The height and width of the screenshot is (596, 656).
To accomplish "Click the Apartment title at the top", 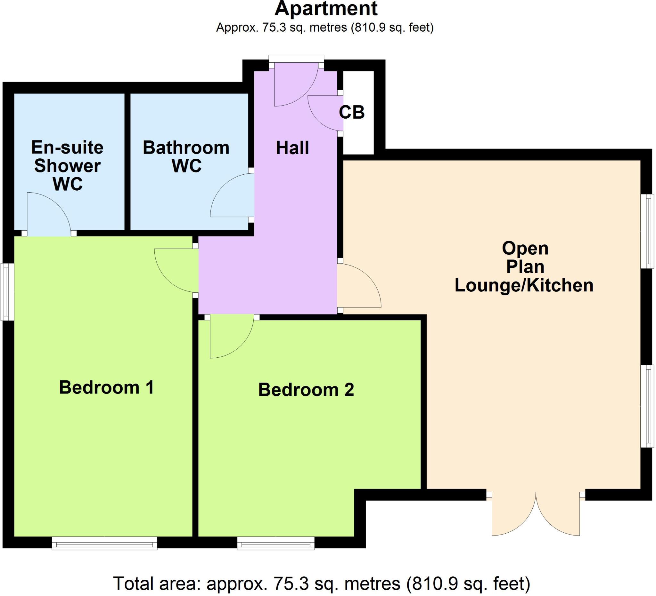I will pyautogui.click(x=326, y=9).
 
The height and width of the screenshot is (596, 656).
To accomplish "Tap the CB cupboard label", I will pyautogui.click(x=351, y=112).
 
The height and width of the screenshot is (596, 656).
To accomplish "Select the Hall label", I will pyautogui.click(x=292, y=148).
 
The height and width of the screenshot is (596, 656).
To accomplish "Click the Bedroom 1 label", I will pyautogui.click(x=106, y=388).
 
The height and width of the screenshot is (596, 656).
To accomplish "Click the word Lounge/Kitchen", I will pyautogui.click(x=524, y=285).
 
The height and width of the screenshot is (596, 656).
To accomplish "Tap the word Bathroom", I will pyautogui.click(x=186, y=148).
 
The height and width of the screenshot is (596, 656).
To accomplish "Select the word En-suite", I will pyautogui.click(x=67, y=147).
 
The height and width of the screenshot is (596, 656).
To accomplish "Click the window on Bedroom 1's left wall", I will pyautogui.click(x=7, y=292).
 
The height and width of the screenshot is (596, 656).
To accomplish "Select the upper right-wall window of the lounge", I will pyautogui.click(x=647, y=231).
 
